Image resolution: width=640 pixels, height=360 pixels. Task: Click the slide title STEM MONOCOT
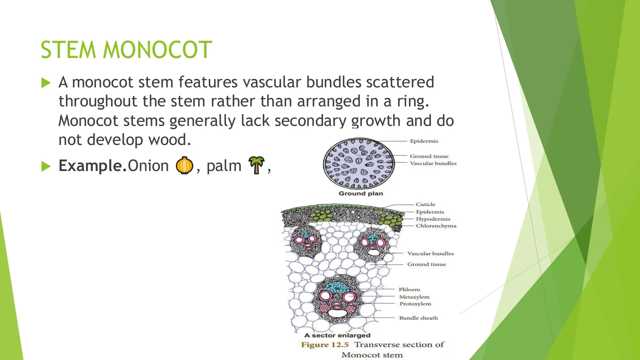coord(126,50)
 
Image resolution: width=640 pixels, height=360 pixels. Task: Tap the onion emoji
coord(184,165)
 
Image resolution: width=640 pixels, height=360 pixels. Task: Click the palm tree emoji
coord(256,165)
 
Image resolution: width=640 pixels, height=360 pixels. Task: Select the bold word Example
coord(93,166)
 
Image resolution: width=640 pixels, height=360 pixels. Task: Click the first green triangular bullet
coord(46,83)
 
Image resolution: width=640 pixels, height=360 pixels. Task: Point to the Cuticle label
coord(425,204)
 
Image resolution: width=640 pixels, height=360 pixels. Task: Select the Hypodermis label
coord(433,219)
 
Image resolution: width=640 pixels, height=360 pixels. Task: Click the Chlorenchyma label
coord(436,226)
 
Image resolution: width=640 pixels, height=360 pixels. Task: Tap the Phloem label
coord(409,290)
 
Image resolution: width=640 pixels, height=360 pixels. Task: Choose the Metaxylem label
coord(414,297)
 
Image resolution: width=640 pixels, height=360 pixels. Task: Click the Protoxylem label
coord(415,304)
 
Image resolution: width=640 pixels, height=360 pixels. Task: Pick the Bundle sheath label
coord(418,318)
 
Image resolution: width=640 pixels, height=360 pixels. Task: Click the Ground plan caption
coord(361,193)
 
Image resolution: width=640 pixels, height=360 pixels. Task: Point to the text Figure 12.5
coord(325,345)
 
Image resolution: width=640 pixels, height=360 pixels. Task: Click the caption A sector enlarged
coord(337,335)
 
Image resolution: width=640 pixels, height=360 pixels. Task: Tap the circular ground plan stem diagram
coord(359,163)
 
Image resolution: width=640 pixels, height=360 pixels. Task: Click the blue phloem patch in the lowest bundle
coord(337,287)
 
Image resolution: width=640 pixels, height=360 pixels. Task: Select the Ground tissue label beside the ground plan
coord(429,156)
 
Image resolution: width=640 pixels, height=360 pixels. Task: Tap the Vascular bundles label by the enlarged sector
coord(430,254)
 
